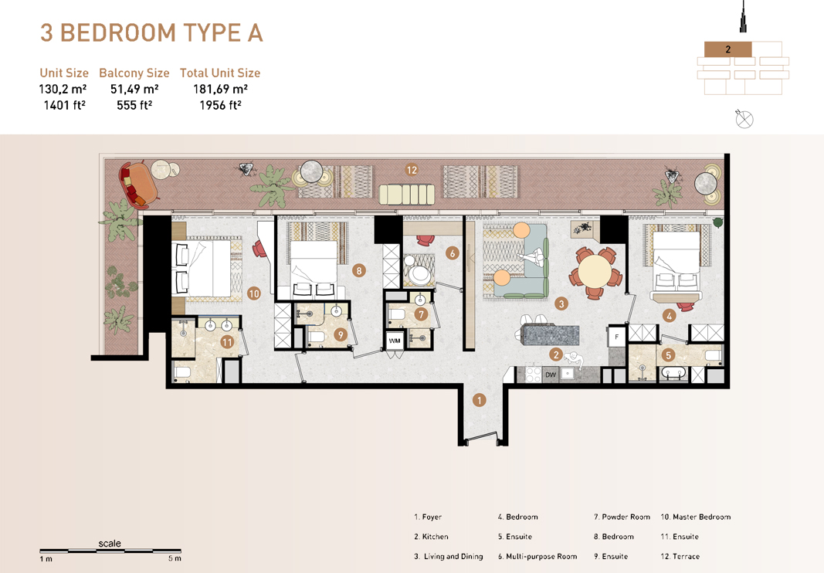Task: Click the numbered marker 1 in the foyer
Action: pyautogui.click(x=480, y=400)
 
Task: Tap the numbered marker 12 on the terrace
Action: pyautogui.click(x=412, y=170)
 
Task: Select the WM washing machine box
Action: pyautogui.click(x=395, y=341)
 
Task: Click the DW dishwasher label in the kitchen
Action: pyautogui.click(x=551, y=375)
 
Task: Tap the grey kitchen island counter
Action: pyautogui.click(x=550, y=335)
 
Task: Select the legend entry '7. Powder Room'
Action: pyautogui.click(x=622, y=517)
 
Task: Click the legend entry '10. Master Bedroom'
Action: pyautogui.click(x=695, y=517)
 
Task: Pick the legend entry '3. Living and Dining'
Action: pyautogui.click(x=448, y=556)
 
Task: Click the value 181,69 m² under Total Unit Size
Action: pyautogui.click(x=220, y=90)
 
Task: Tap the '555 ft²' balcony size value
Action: pyautogui.click(x=134, y=106)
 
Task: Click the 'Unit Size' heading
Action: pyautogui.click(x=64, y=73)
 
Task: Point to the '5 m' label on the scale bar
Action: pyautogui.click(x=175, y=558)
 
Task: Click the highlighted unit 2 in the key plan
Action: pyautogui.click(x=727, y=49)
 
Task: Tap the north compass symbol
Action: pyautogui.click(x=744, y=119)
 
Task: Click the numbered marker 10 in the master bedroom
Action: pyautogui.click(x=254, y=293)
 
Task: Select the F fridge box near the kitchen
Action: pyautogui.click(x=617, y=337)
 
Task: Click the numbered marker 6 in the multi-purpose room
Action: pyautogui.click(x=453, y=253)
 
